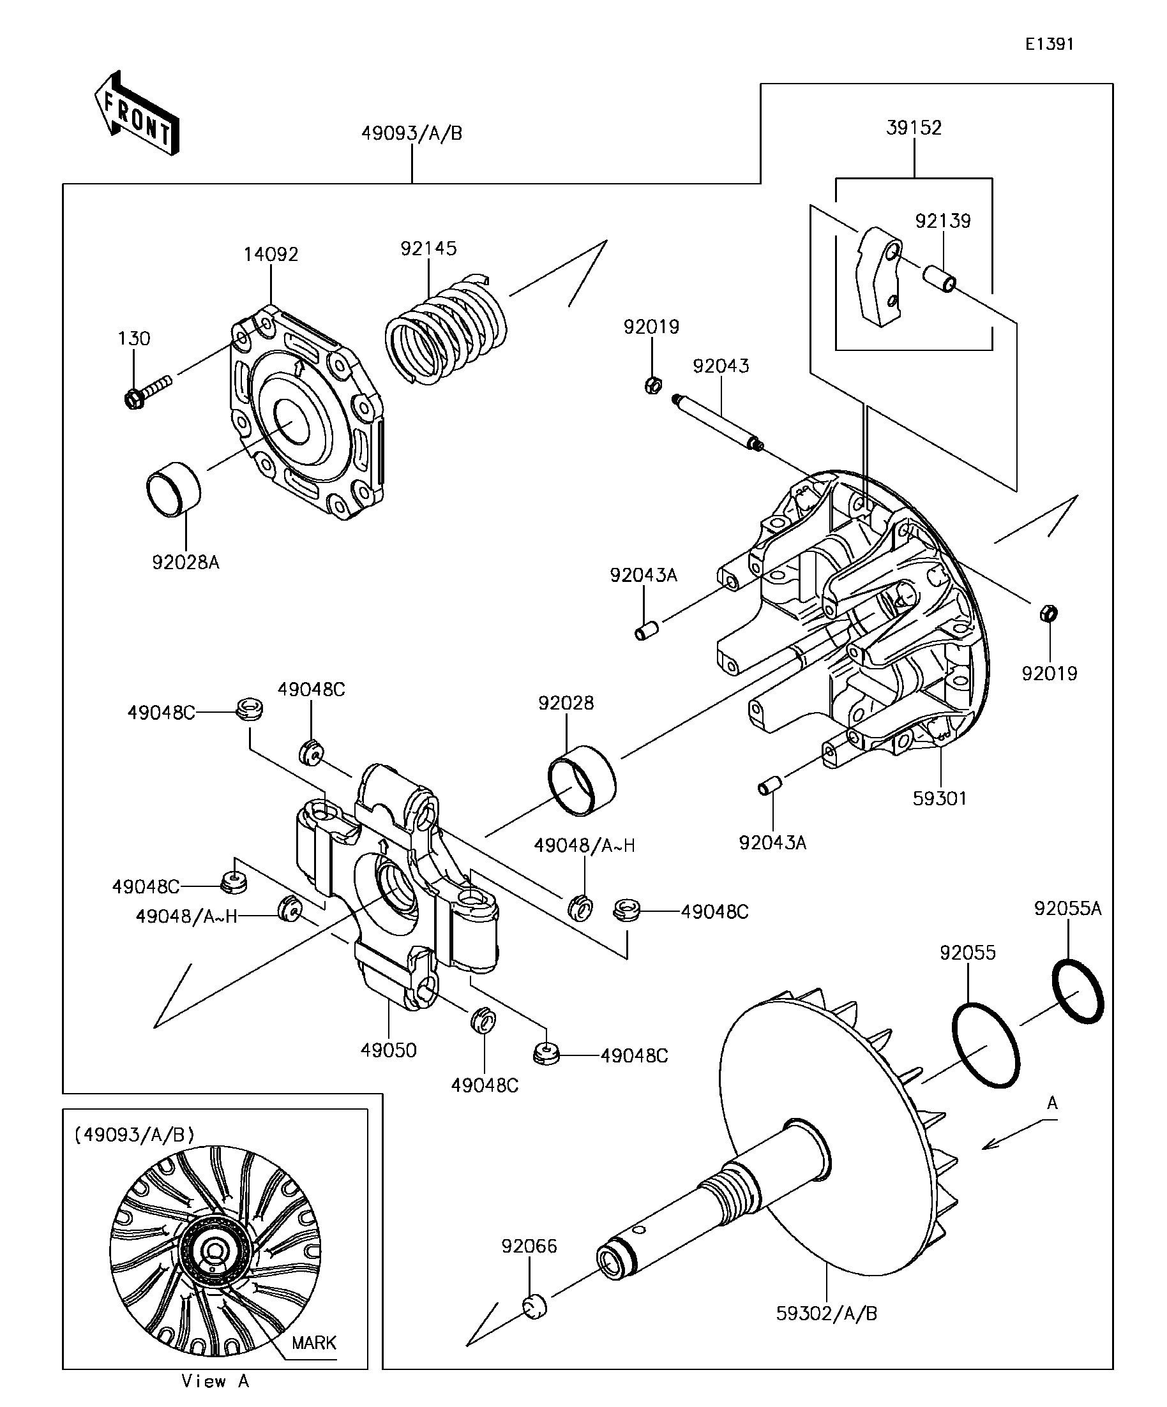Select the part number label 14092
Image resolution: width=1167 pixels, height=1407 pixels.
pos(270,255)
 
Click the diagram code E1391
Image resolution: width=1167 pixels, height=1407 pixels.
pos(1049,44)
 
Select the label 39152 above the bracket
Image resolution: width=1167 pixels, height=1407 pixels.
pos(914,128)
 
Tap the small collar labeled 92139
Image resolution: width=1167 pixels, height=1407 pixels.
pos(938,279)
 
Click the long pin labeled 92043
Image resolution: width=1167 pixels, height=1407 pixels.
pos(717,423)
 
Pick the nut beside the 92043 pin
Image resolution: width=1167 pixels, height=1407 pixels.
pos(652,385)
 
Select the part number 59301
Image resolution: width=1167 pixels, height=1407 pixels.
pos(939,799)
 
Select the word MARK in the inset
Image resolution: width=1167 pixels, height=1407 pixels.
pos(313,1343)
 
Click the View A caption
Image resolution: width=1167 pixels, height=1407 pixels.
pos(215,1381)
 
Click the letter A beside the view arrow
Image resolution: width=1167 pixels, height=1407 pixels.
pos(1051,1103)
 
